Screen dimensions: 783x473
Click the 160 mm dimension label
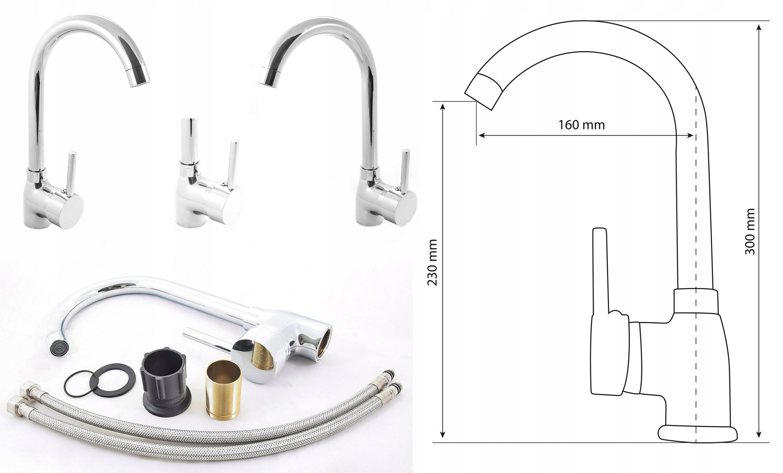(x=582, y=125)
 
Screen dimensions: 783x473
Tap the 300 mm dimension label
(x=750, y=232)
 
